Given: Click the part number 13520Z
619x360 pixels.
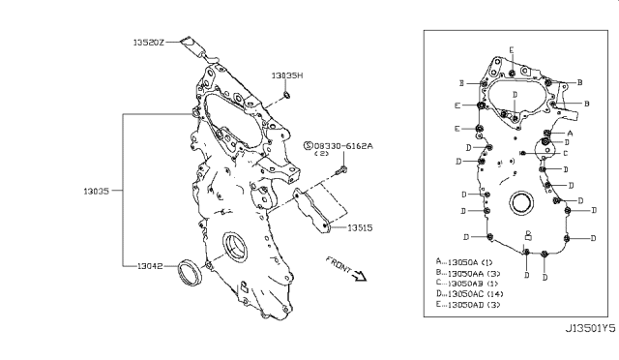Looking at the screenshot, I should coord(150,42).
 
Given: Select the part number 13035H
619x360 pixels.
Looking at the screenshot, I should coord(287,75).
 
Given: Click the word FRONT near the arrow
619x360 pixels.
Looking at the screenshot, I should coord(338,264).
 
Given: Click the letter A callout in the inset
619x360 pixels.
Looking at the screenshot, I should coord(570,132).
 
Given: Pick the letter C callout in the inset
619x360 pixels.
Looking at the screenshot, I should coord(565,153).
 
